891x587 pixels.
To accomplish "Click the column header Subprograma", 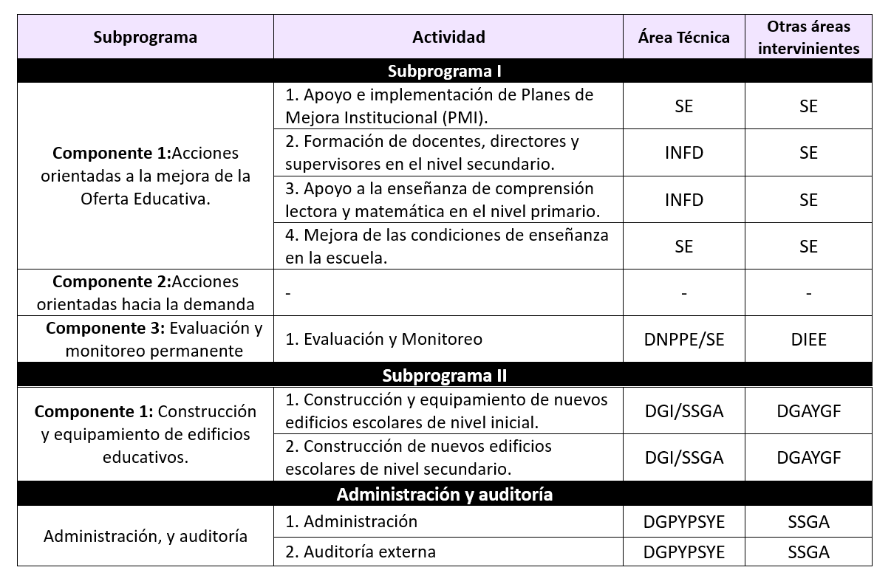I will pyautogui.click(x=145, y=37).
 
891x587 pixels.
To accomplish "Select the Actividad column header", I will pyautogui.click(x=448, y=37).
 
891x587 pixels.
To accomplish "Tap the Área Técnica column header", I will pyautogui.click(x=683, y=37).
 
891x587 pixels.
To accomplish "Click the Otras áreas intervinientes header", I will pyautogui.click(x=808, y=37).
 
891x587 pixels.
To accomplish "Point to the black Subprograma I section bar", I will pyautogui.click(x=444, y=71).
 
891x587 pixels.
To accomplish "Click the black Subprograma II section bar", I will pyautogui.click(x=444, y=375).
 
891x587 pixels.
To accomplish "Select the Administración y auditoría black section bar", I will pyautogui.click(x=444, y=494).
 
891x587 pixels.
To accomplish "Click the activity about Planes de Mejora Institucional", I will pyautogui.click(x=439, y=106).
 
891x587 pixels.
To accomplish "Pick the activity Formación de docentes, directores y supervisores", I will pyautogui.click(x=431, y=152).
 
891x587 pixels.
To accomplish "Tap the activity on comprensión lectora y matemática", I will pyautogui.click(x=442, y=199).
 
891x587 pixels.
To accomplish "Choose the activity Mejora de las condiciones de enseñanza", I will pyautogui.click(x=447, y=246).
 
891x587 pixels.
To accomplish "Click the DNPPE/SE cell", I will pyautogui.click(x=683, y=340).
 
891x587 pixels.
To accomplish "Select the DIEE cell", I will pyautogui.click(x=808, y=340).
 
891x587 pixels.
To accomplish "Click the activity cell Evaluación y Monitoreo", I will pyautogui.click(x=383, y=340).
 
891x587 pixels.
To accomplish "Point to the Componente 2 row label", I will pyautogui.click(x=146, y=292).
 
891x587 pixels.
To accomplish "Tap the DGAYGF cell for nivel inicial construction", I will pyautogui.click(x=808, y=411).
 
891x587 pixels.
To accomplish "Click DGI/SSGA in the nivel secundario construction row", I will pyautogui.click(x=683, y=458).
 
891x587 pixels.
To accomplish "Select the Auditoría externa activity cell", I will pyautogui.click(x=361, y=552).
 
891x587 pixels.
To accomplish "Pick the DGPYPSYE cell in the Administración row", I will pyautogui.click(x=683, y=522).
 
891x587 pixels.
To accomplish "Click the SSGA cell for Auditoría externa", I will pyautogui.click(x=808, y=552).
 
